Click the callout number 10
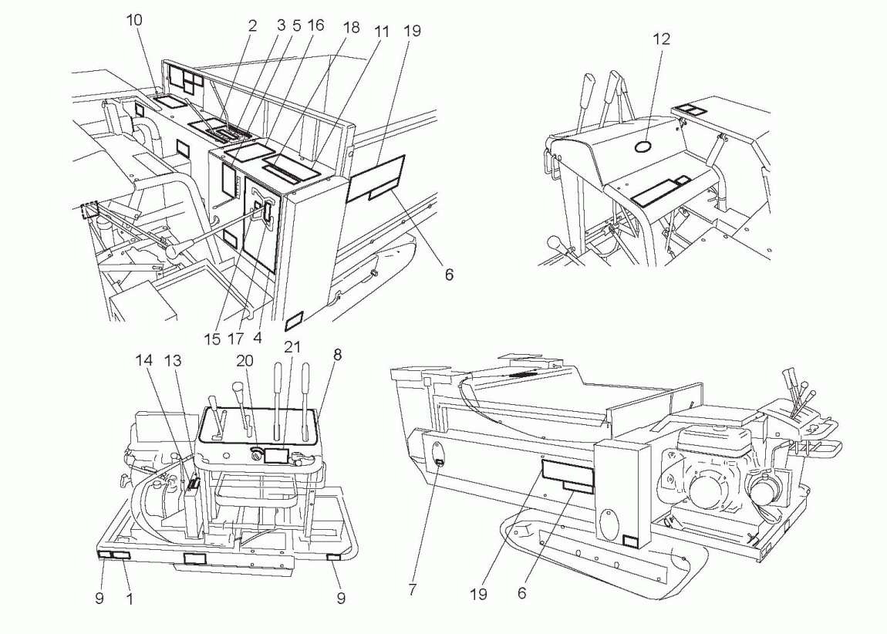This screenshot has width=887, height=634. pos(134,20)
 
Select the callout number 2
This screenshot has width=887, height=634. pos(252,25)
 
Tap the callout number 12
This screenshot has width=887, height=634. pos(661,39)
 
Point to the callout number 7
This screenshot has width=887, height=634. pos(412,590)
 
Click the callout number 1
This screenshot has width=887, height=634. pos(130,599)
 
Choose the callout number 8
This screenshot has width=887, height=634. pos(337,355)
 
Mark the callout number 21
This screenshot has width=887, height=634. pos(292,346)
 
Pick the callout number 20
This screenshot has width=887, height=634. pos(245,361)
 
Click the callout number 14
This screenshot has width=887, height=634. pos(144,360)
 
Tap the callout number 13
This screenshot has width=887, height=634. pos(173,360)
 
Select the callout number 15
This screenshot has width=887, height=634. pos(212,339)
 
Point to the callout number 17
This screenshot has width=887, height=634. pos(236,339)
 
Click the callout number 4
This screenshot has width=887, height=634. pos(258,338)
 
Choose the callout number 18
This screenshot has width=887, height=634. pos(351,28)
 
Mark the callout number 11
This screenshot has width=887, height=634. pos(382,31)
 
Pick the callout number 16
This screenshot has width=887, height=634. pos(315,25)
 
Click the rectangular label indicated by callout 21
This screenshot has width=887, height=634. pos(277,453)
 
